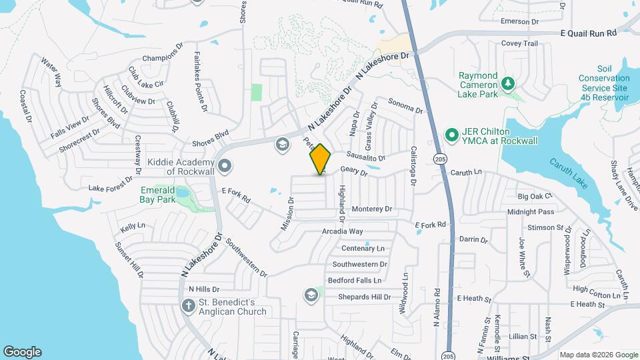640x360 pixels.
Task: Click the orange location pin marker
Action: coord(321,159)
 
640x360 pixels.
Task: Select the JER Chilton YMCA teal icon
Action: coord(451,135)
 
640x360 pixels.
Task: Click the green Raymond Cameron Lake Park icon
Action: coord(509,83)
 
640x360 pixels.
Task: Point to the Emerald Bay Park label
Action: coord(157,194)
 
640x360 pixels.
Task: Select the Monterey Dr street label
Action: coord(372,209)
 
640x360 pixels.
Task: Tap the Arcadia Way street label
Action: coord(342,231)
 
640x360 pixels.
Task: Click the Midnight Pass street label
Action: coord(531,212)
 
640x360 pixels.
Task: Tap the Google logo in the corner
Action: coord(22,352)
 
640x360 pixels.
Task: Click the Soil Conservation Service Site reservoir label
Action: coord(603,83)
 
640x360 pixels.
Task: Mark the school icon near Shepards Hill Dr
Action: coord(311,294)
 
